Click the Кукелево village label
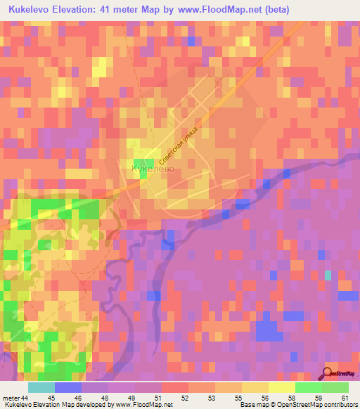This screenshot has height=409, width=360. pyautogui.click(x=152, y=169)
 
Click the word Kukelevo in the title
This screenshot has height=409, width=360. pyautogui.click(x=32, y=10)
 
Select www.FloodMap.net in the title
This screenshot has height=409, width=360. pyautogui.click(x=219, y=10)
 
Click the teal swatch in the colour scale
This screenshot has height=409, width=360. pyautogui.click(x=41, y=387)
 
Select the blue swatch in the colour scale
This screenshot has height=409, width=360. pyautogui.click(x=68, y=387)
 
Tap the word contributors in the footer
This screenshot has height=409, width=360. pyautogui.click(x=340, y=405)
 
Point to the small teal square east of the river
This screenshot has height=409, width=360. pyautogui.click(x=328, y=275)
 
